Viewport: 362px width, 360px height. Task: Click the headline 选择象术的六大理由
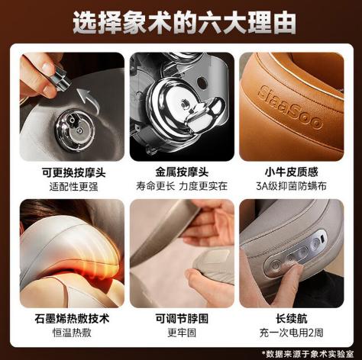(181, 23)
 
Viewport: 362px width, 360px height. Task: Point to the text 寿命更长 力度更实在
(182, 186)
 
